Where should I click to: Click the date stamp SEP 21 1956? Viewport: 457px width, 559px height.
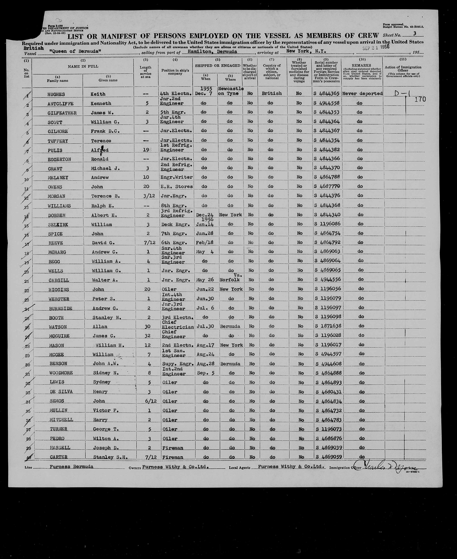click(x=376, y=48)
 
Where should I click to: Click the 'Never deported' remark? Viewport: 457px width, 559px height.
click(x=362, y=93)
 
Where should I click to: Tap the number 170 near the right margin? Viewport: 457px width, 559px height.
click(x=420, y=99)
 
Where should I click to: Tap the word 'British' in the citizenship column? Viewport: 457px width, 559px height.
click(x=272, y=93)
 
